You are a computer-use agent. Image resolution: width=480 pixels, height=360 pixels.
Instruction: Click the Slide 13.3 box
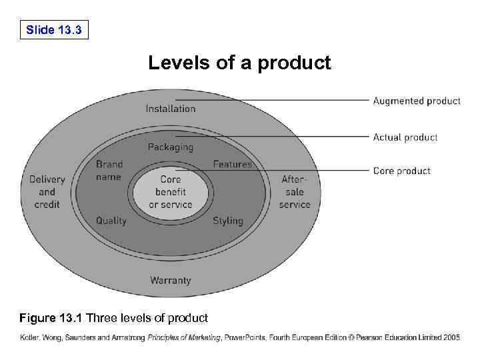coord(54,30)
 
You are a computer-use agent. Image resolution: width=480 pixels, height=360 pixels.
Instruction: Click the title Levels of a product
coord(239,63)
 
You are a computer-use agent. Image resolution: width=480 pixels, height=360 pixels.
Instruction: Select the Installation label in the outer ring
coord(171,108)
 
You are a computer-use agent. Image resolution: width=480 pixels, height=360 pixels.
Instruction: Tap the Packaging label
coord(171,147)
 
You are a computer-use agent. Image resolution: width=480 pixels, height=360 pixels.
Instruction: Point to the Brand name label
coord(109,171)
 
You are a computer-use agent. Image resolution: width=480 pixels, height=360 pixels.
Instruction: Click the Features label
coord(233,164)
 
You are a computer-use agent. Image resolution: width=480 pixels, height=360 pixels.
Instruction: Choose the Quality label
coord(111,221)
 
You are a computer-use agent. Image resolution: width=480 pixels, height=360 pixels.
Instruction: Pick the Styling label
coord(228,221)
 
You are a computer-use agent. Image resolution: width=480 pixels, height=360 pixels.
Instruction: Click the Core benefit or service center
coord(171,192)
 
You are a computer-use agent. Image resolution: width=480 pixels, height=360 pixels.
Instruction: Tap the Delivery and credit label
coord(47,192)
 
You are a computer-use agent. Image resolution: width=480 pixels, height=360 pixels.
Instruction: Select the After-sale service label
coord(295,192)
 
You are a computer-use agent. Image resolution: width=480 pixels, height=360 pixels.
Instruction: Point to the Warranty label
coord(171,281)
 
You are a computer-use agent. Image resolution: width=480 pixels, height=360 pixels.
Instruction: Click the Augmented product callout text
coord(417,101)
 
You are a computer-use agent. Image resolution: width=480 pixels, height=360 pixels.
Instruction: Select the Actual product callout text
coord(405,137)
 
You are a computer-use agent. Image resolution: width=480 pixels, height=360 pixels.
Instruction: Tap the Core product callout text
coord(402,171)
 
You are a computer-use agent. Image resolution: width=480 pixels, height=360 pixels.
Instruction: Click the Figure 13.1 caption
coord(114,317)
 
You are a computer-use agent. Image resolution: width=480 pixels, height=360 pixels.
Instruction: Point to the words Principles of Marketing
coord(184,338)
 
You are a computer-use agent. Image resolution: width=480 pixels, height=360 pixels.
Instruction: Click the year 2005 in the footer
coord(451,338)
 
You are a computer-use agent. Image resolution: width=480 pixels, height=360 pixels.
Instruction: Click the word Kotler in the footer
coord(30,338)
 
